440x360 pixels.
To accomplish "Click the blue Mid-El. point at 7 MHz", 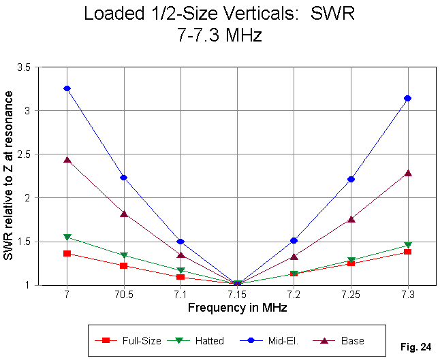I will tap(67, 88).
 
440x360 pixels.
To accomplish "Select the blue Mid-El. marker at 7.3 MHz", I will tap(408, 98).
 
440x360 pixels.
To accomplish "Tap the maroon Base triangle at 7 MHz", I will tap(67, 160).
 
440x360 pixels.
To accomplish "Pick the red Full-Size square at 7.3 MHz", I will tap(408, 252).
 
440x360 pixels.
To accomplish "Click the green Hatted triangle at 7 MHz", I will tap(67, 237).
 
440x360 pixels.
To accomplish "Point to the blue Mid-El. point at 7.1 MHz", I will tap(180, 242).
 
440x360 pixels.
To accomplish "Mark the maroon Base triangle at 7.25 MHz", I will tap(351, 219).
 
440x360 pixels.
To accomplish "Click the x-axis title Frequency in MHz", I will tap(237, 308).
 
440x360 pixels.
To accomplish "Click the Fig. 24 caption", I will tap(417, 347).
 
